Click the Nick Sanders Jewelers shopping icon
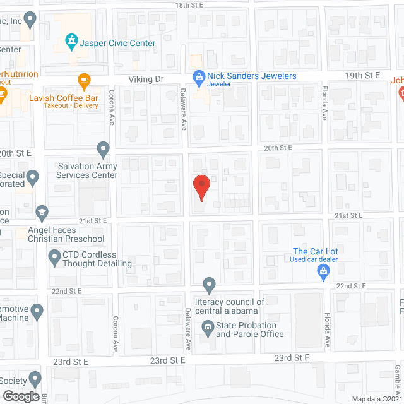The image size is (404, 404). (x=198, y=76)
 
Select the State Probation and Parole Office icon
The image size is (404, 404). (x=208, y=327)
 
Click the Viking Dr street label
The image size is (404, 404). (x=146, y=79)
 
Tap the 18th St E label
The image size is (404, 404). (x=192, y=4)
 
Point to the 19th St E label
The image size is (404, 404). (x=363, y=75)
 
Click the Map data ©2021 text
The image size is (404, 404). (x=376, y=398)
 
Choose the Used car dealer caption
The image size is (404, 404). (x=314, y=260)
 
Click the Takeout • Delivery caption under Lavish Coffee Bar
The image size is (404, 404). (x=63, y=105)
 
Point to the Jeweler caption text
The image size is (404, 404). (x=220, y=85)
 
